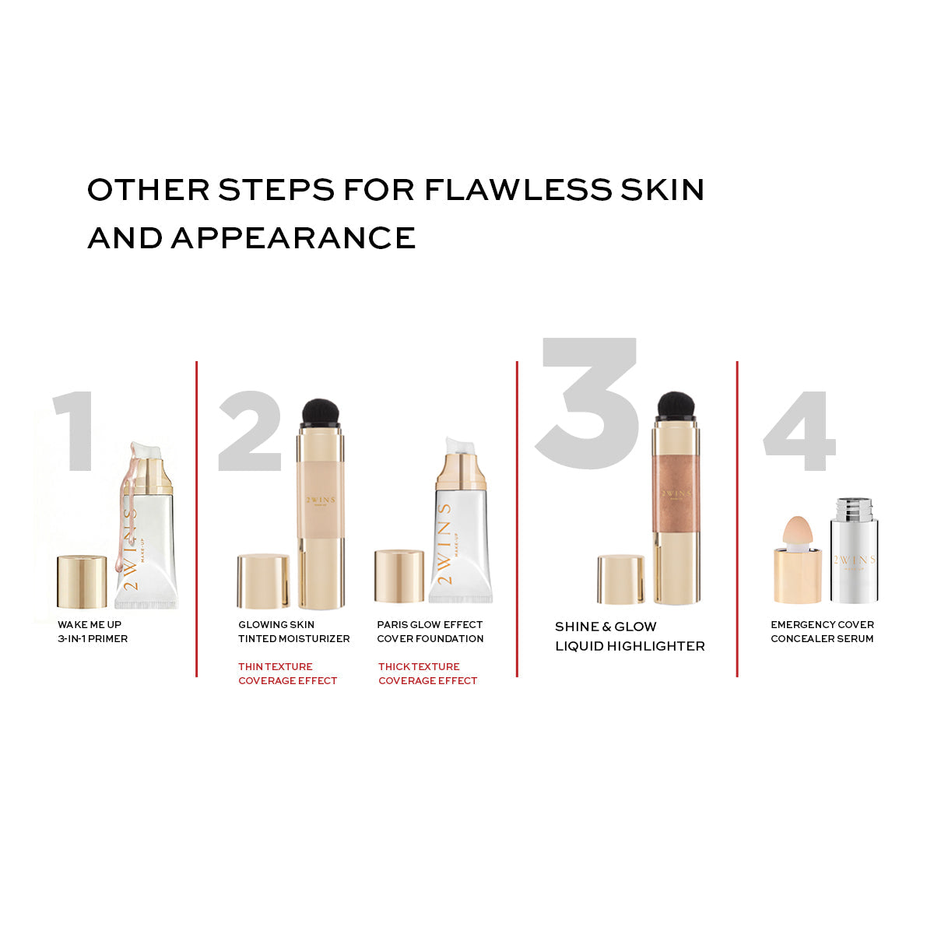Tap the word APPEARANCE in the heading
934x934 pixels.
pos(293,237)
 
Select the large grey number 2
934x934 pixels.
pos(250,430)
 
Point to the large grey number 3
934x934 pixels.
pos(588,403)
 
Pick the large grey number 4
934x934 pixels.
pos(799,430)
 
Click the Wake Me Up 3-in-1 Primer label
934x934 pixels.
pos(93,631)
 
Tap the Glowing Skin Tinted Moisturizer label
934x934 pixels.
pos(293,631)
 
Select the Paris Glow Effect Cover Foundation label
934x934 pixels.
pos(430,631)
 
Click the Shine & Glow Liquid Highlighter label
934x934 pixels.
pos(630,637)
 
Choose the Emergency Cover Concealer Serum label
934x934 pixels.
pos(822,631)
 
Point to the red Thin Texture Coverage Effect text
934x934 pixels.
pos(287,674)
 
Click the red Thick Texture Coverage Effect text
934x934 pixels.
pos(427,674)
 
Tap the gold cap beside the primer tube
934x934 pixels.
pos(82,581)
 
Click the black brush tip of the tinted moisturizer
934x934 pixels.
pos(321,412)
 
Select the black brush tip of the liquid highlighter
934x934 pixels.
pos(676,406)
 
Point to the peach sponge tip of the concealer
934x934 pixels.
pos(797,532)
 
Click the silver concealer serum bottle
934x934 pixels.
pos(854,550)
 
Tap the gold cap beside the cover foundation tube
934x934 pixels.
pos(399,576)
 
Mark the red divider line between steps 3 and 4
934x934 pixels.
pos(737,519)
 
